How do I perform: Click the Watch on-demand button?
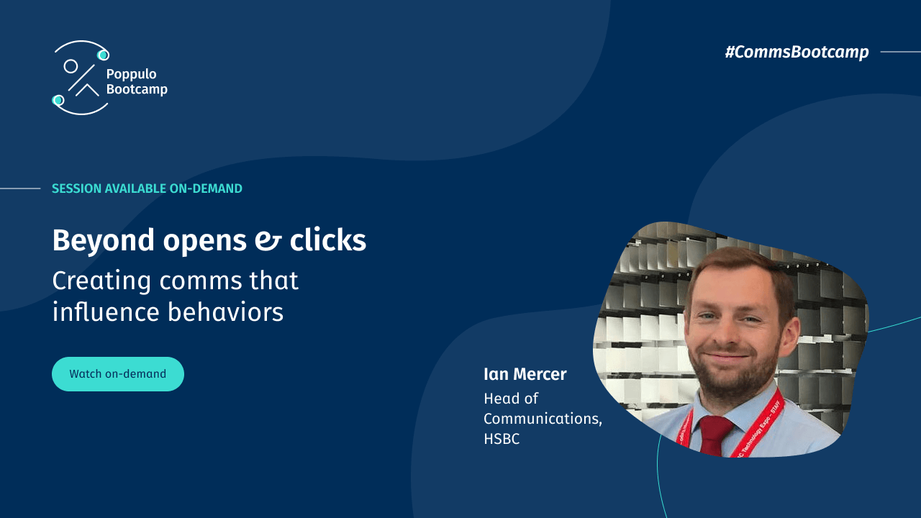coord(117,374)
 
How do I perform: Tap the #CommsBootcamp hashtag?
coord(797,52)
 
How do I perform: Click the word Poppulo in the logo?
coord(131,74)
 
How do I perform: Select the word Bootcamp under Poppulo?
coord(137,89)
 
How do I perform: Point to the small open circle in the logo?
coord(71,66)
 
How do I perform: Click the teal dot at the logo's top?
coord(103,55)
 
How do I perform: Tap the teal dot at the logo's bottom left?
coord(58,100)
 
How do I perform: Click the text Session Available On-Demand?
coord(147,188)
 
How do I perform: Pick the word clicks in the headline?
coord(328,240)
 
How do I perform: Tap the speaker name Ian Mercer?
coord(525,374)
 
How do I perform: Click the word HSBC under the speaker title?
coord(502,439)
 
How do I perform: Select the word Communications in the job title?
coord(542,419)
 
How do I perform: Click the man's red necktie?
coord(717,435)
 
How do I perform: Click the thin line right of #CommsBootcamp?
coord(900,52)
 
